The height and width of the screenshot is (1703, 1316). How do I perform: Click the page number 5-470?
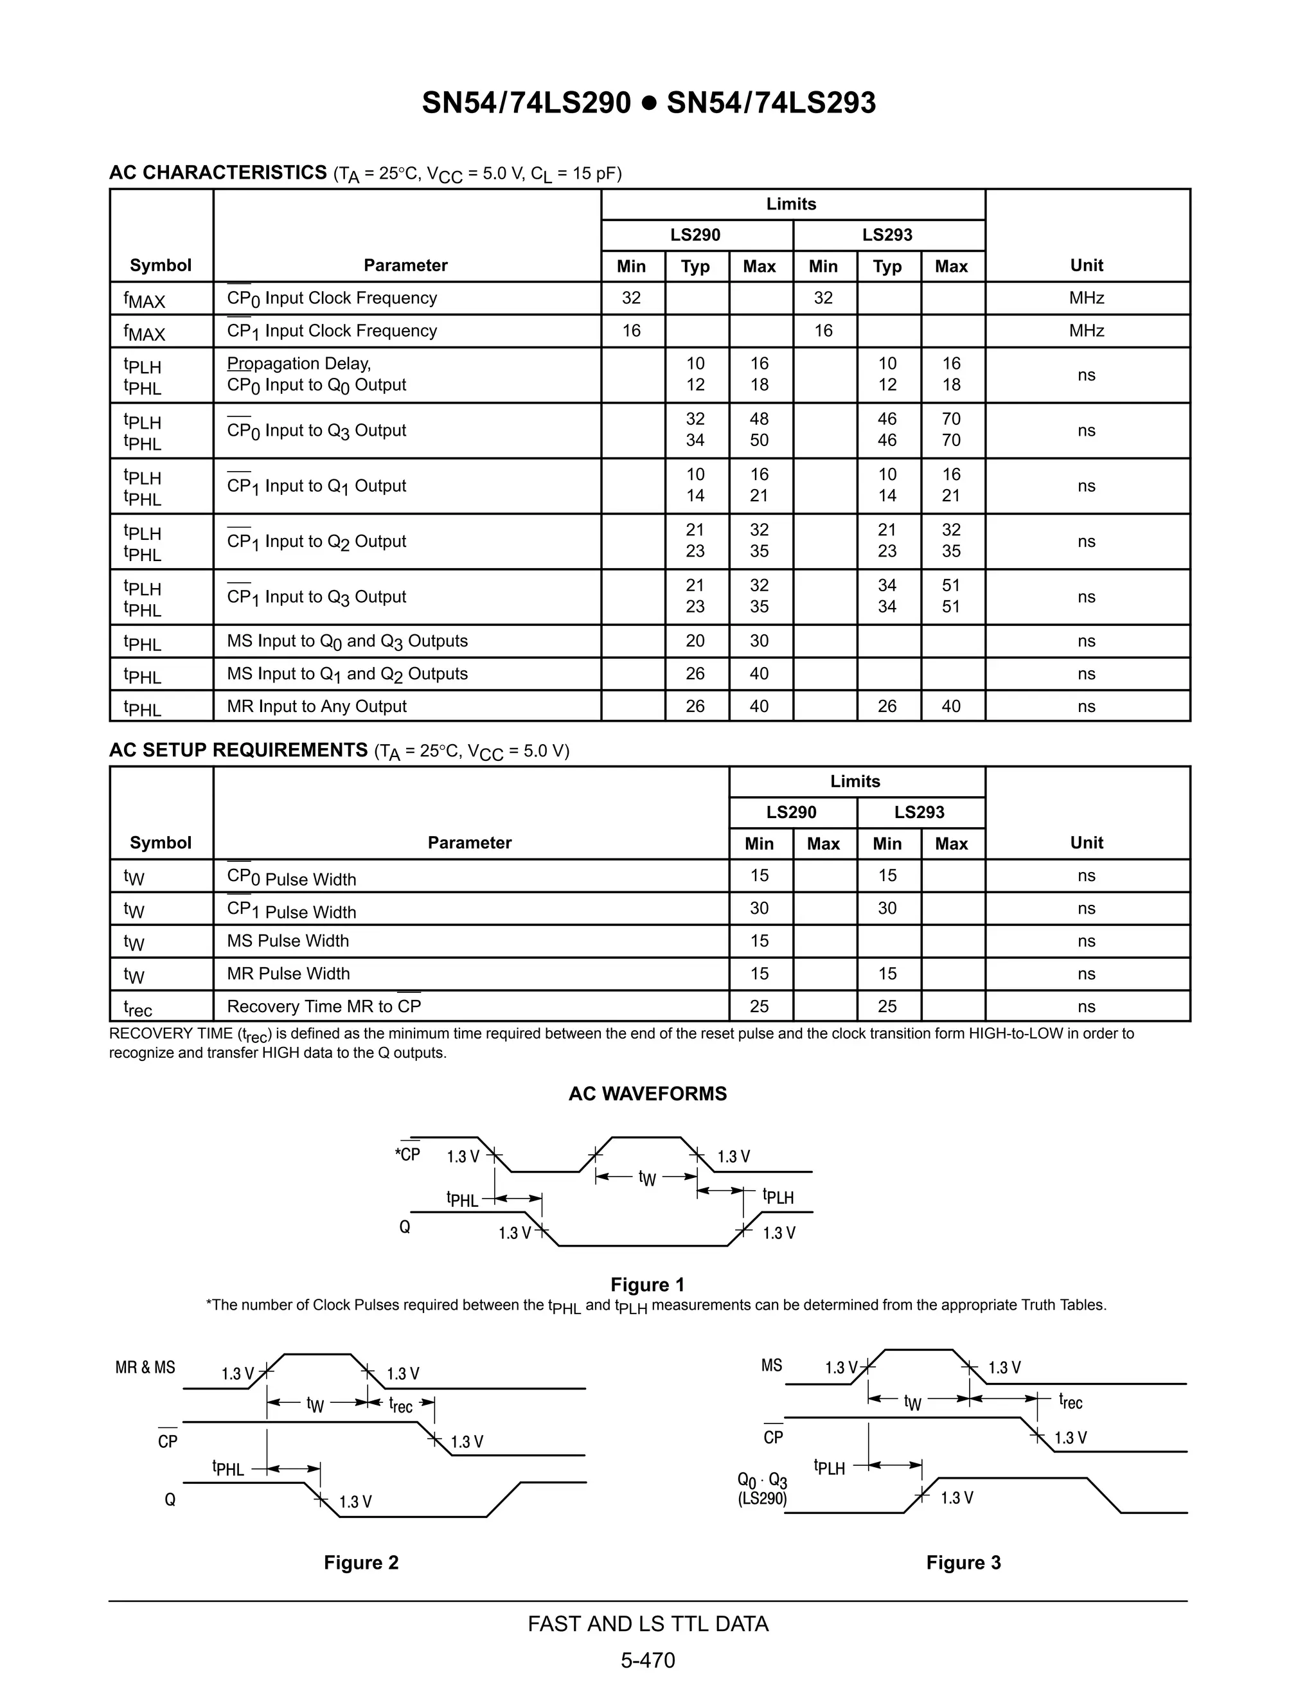click(648, 1660)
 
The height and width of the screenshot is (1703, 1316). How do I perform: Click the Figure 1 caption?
click(647, 1284)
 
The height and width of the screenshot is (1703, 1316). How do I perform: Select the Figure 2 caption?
click(361, 1562)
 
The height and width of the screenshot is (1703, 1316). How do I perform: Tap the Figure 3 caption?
click(963, 1562)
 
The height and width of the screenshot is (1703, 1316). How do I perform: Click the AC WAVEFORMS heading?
click(647, 1093)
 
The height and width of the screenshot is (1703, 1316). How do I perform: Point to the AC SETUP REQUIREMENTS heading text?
click(238, 750)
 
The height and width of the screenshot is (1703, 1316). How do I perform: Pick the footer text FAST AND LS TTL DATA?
click(648, 1623)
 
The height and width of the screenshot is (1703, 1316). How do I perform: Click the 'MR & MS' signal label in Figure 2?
click(145, 1367)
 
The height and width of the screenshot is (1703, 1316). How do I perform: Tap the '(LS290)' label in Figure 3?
click(761, 1498)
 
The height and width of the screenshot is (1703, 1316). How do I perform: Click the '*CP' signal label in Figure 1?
click(408, 1154)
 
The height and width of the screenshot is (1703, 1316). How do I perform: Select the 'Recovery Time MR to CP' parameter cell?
click(324, 1006)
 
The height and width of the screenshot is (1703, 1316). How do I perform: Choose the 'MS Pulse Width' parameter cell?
click(288, 941)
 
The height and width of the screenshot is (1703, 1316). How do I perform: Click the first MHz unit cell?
click(1086, 298)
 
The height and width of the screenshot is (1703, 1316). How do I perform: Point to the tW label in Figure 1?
click(647, 1177)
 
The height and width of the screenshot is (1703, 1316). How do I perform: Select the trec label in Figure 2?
click(401, 1404)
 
